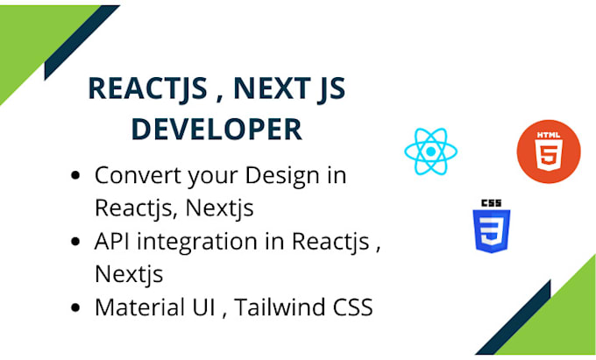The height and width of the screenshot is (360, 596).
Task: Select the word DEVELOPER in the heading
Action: (x=216, y=129)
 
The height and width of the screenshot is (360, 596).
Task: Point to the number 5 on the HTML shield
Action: (x=548, y=154)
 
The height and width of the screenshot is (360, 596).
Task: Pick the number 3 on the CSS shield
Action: (x=492, y=232)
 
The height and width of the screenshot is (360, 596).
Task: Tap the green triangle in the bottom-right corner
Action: (x=565, y=324)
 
